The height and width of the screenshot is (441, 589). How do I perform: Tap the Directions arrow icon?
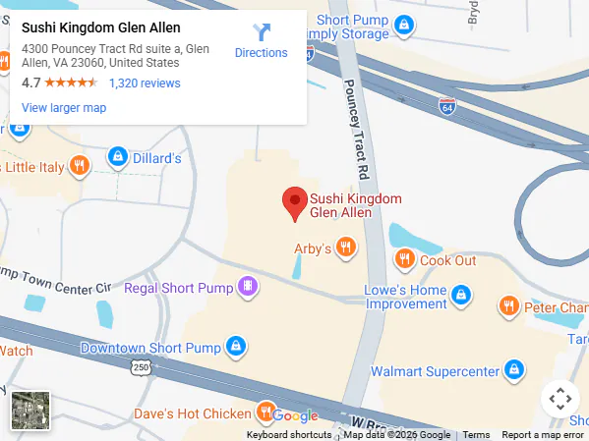(x=262, y=32)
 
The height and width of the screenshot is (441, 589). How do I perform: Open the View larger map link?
(x=64, y=108)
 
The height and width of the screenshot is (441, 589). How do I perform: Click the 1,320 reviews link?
(x=145, y=83)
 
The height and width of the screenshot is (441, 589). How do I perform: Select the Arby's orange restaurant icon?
(x=345, y=248)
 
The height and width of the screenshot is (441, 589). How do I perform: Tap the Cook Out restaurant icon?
(x=404, y=259)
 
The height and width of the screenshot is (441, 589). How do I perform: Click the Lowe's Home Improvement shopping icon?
(x=460, y=294)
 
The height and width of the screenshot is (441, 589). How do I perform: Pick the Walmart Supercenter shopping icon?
(x=512, y=370)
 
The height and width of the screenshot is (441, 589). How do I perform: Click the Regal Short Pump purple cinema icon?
(x=249, y=288)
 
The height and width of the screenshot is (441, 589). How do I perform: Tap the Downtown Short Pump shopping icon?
(x=235, y=346)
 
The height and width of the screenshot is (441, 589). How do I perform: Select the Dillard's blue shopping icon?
(x=117, y=157)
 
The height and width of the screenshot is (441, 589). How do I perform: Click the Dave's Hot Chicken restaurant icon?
(x=265, y=411)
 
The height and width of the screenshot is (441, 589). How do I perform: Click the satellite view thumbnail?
(x=30, y=410)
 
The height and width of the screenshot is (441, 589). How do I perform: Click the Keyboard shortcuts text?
(x=289, y=435)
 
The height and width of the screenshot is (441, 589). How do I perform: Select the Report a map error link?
(x=543, y=435)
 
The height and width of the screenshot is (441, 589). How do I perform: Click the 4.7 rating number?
(x=30, y=83)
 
